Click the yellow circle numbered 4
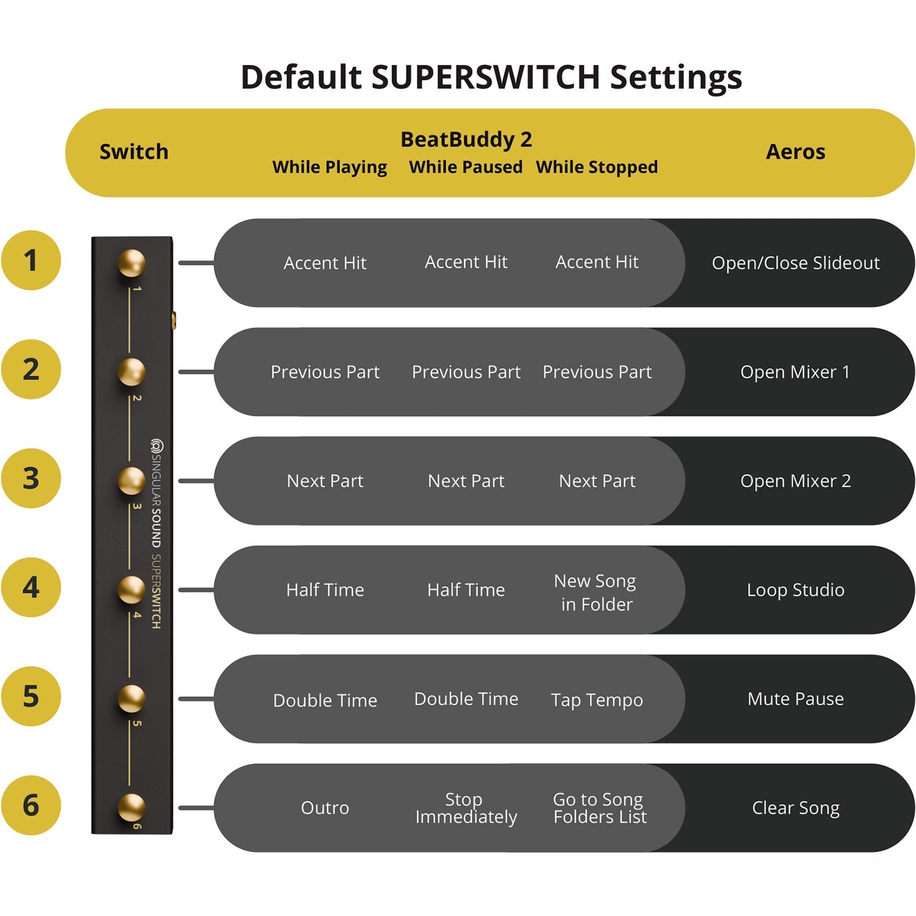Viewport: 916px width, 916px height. pos(31,587)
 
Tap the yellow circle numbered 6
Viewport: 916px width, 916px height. pos(31,805)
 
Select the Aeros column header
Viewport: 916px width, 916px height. pos(795,151)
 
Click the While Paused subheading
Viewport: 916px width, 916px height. pos(465,167)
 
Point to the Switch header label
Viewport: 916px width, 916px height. pos(134,151)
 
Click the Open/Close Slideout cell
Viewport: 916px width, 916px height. pos(795,263)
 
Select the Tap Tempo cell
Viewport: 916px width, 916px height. pos(597,699)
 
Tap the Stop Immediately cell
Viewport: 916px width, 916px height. pos(465,807)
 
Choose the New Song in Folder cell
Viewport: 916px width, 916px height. pos(596,592)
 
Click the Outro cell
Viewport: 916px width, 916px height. pos(325,807)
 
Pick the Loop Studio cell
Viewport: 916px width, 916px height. pos(795,589)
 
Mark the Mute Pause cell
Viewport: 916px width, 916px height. pos(795,699)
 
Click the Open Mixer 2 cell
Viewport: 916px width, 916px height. pos(795,481)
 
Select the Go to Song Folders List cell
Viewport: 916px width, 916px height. pos(599,807)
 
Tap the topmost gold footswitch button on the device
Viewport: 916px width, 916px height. pos(131,263)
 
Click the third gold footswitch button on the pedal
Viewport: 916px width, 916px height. pos(131,481)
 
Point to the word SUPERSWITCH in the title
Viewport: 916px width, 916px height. pos(485,77)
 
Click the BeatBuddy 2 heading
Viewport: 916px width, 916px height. pos(466,139)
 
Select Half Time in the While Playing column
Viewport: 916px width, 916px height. pos(325,589)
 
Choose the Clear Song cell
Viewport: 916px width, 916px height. pos(795,807)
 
